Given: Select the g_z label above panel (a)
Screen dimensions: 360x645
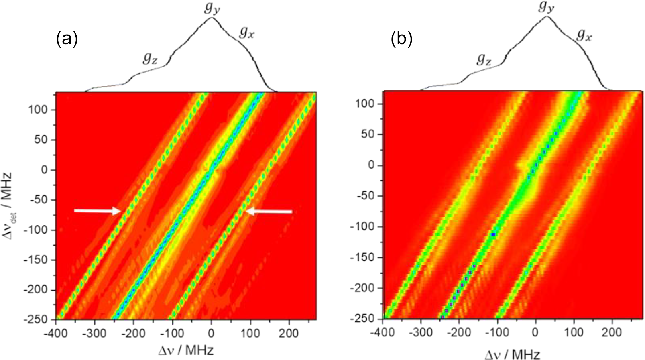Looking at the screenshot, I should point(150,59).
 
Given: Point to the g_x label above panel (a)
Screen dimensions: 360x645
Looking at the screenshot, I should point(246,32).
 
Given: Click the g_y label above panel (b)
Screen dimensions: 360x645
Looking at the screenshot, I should point(546,7).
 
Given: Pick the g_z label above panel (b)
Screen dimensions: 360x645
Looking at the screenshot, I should point(484,60).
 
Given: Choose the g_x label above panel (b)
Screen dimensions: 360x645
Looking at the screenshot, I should point(584,35).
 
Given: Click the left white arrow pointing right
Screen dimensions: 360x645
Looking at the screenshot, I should point(98,211).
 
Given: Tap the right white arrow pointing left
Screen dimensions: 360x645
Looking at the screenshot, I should point(269,211).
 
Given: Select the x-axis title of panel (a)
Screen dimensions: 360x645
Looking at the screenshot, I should point(185,350).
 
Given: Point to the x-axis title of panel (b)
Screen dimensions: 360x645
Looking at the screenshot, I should point(512,354).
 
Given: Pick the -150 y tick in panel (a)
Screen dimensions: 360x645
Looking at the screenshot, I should point(39,260).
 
